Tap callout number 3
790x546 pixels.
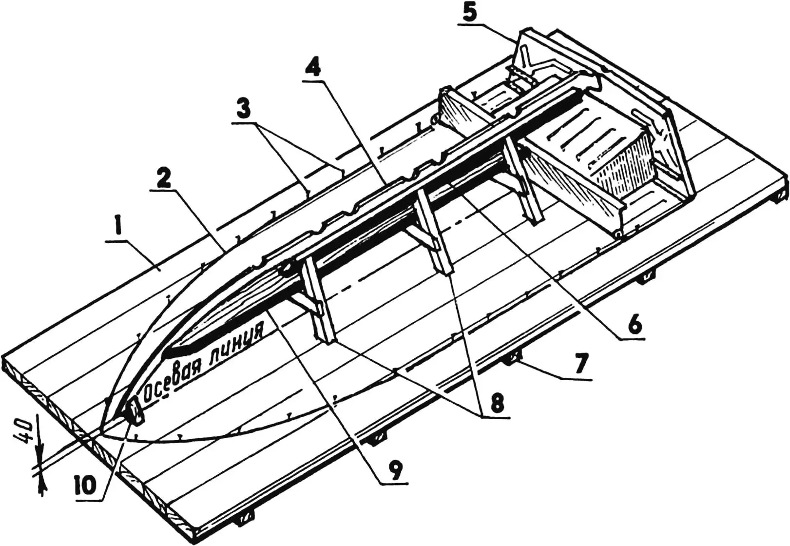(x=243, y=108)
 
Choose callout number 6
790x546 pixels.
(x=634, y=326)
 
